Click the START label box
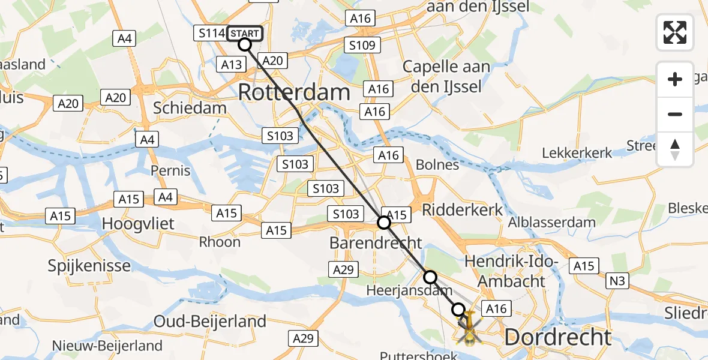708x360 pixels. (245, 34)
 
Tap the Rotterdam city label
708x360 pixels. (294, 92)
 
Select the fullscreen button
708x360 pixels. (675, 32)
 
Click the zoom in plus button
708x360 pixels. (675, 79)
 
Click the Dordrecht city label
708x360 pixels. (558, 337)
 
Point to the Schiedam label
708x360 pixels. (190, 109)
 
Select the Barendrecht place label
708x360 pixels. (376, 243)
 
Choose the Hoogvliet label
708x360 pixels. (138, 224)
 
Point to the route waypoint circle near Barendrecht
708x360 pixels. (384, 223)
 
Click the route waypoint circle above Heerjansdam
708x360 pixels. (430, 277)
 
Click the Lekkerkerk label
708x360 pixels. (577, 152)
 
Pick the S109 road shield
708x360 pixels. (363, 45)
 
